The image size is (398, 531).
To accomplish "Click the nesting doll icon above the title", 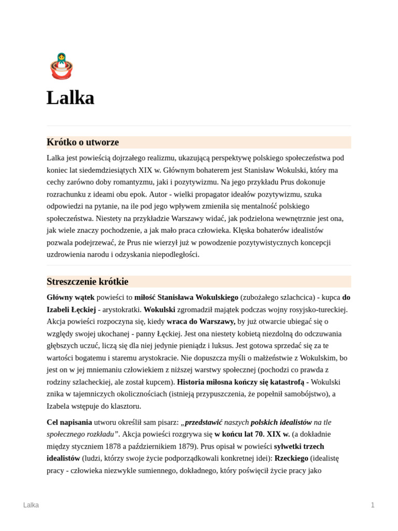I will pyautogui.click(x=61, y=66).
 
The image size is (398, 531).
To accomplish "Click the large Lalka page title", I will pyautogui.click(x=70, y=98).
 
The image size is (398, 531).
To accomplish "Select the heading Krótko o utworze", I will pyautogui.click(x=83, y=142).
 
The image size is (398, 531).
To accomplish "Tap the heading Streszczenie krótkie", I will pyautogui.click(x=88, y=282).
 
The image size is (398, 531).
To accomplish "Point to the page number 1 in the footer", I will pyautogui.click(x=372, y=505).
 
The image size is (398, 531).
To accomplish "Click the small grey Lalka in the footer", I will pyautogui.click(x=31, y=505).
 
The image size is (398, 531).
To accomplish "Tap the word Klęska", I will pyautogui.click(x=244, y=230).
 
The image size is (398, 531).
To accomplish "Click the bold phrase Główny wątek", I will pyautogui.click(x=70, y=298).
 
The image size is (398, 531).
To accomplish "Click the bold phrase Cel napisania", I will pyautogui.click(x=69, y=422).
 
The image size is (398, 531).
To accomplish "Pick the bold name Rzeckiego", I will pyautogui.click(x=291, y=458).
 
